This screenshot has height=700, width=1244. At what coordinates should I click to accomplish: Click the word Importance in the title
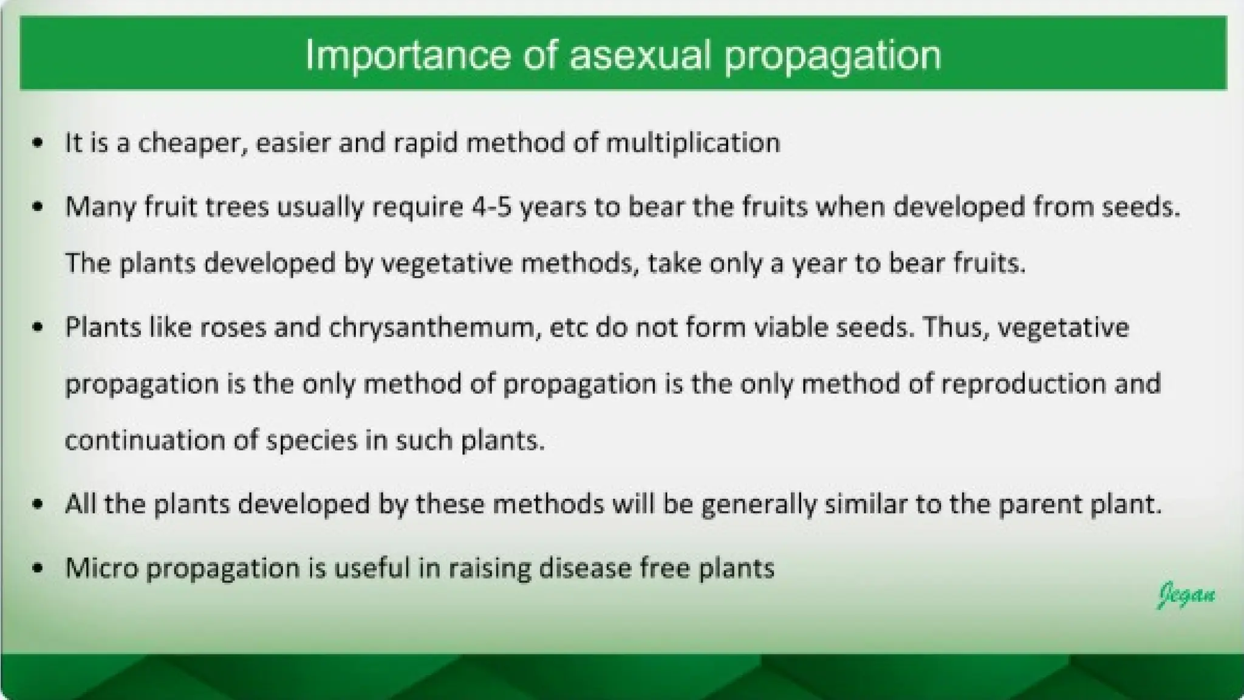tap(408, 55)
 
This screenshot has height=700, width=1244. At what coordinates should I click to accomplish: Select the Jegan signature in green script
tap(1186, 594)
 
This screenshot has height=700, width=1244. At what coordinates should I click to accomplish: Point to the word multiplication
tap(693, 143)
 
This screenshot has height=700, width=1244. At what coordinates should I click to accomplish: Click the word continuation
tap(145, 440)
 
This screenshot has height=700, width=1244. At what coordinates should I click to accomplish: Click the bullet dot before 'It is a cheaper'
tap(38, 143)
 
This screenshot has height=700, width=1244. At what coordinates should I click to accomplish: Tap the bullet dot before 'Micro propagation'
tap(38, 568)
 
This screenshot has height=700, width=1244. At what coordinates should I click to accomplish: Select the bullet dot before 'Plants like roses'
tap(38, 328)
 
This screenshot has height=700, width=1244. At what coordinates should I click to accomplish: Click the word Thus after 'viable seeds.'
tap(955, 328)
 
